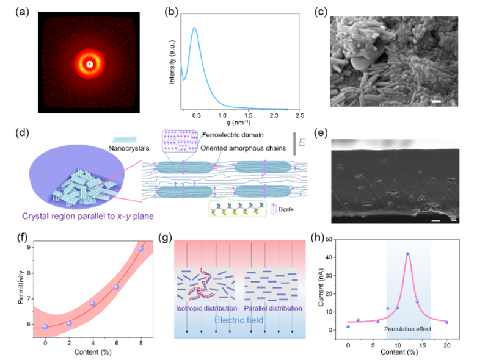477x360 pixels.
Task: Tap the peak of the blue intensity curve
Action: click(x=194, y=28)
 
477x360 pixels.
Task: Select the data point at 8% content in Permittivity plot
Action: click(x=140, y=249)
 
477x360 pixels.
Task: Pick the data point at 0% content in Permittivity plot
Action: click(x=45, y=309)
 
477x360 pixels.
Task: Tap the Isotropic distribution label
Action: click(x=205, y=309)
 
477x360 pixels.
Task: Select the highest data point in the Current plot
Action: click(x=407, y=254)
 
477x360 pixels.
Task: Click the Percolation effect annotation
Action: click(x=409, y=329)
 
